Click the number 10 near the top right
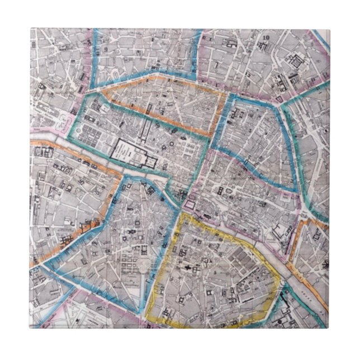click(x=266, y=38)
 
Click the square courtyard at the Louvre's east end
click(x=149, y=162)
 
